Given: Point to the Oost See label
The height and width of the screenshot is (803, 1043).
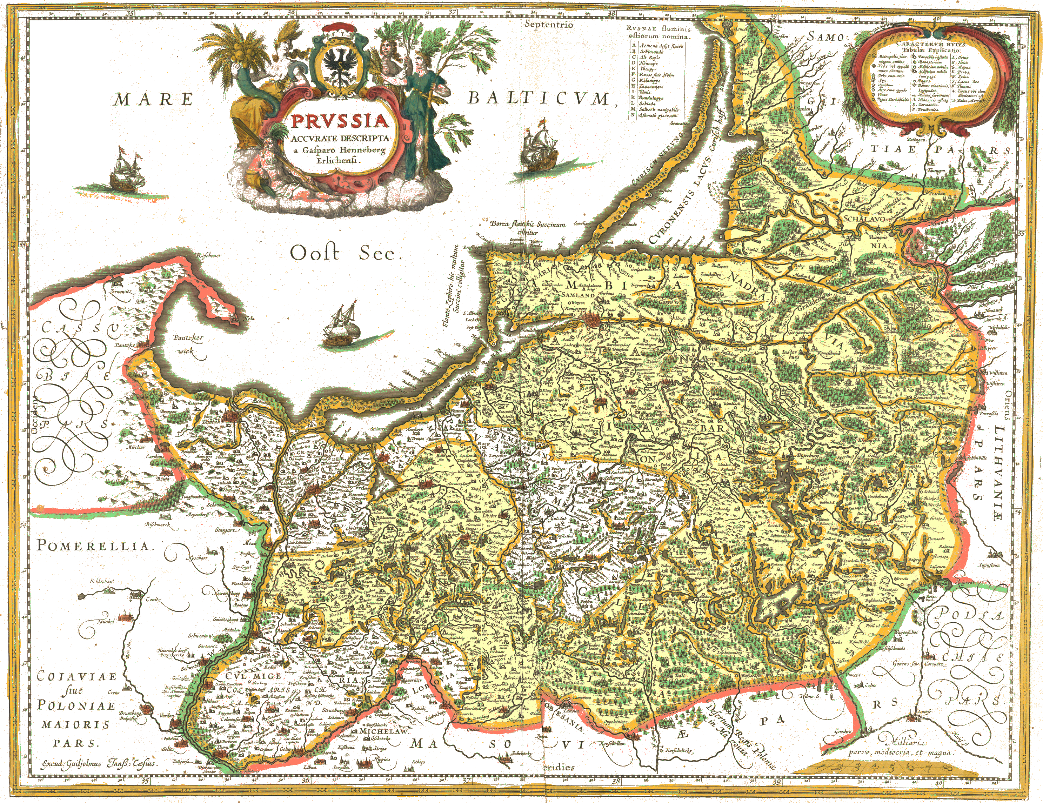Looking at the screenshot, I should pyautogui.click(x=344, y=253).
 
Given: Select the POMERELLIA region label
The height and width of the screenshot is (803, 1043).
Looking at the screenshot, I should pyautogui.click(x=93, y=546).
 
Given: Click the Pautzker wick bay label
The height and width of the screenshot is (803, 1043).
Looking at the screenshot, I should pyautogui.click(x=189, y=344).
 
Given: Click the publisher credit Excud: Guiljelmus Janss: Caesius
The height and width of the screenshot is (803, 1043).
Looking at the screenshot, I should pyautogui.click(x=99, y=763).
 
